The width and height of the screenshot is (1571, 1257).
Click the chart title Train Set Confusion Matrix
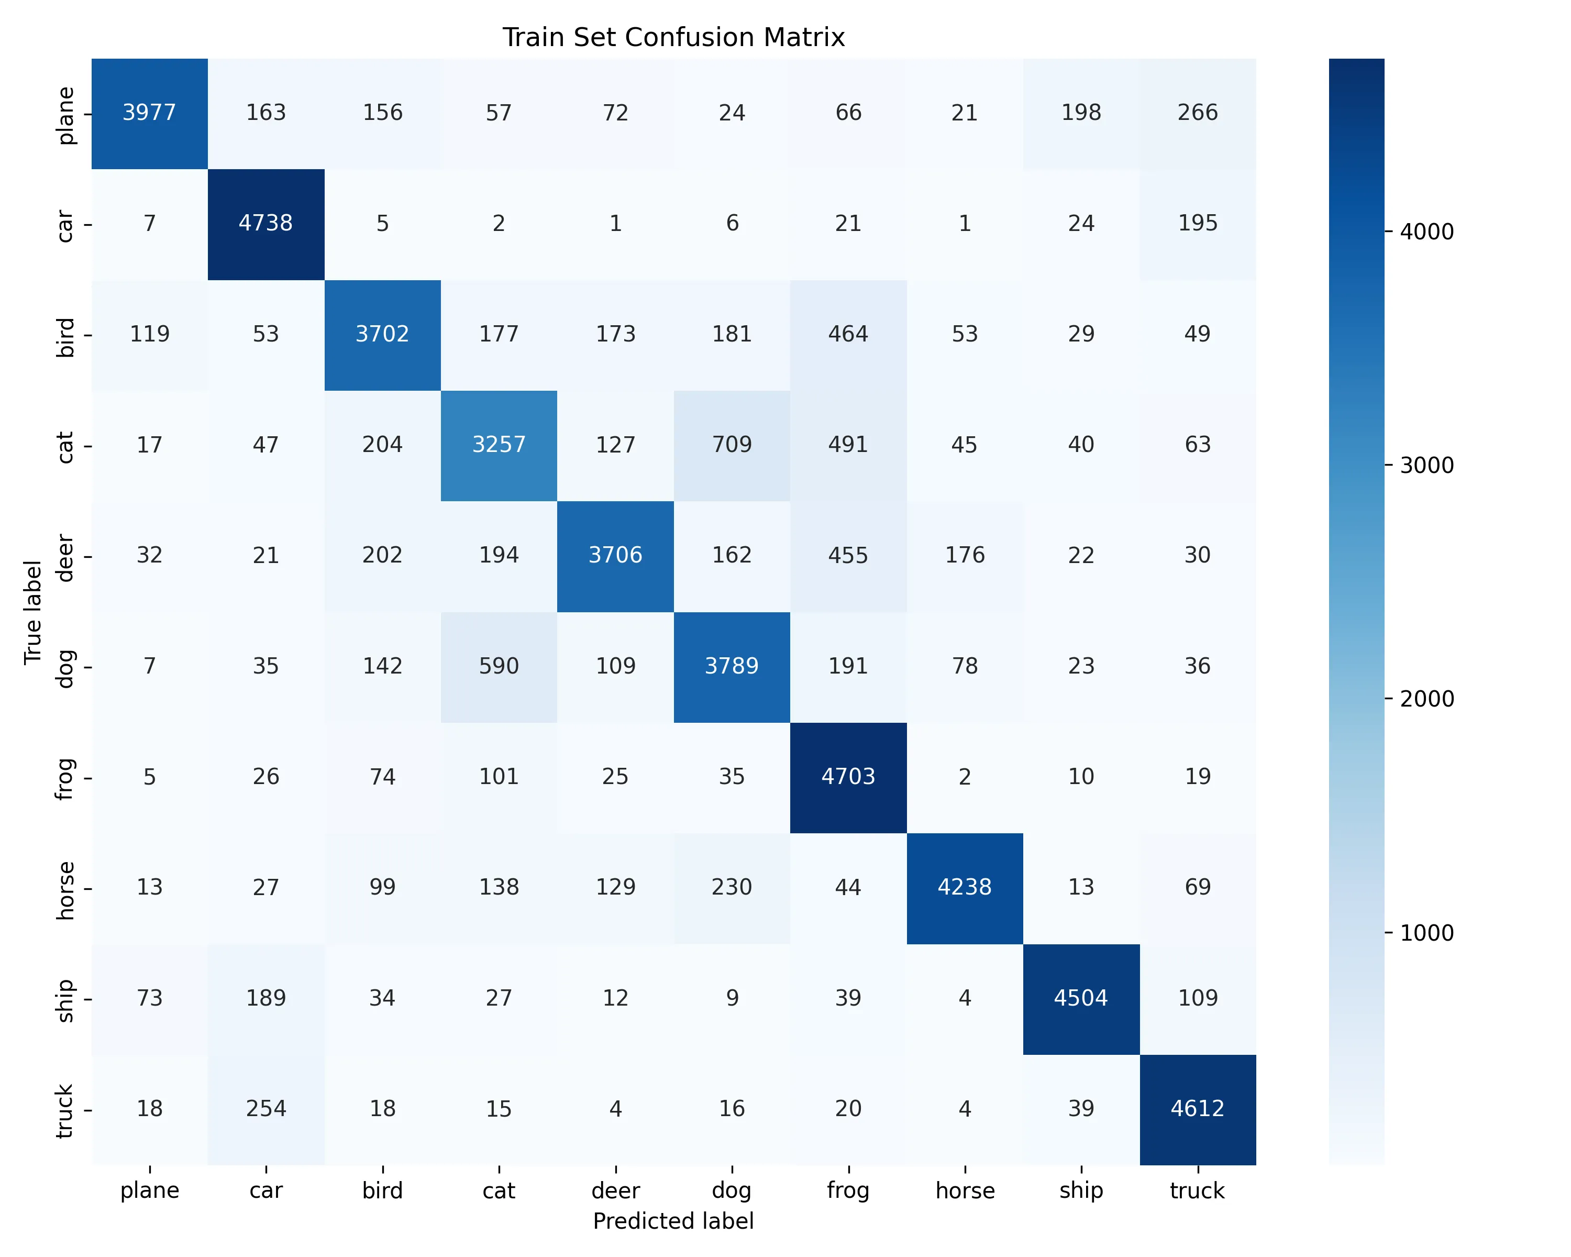673,37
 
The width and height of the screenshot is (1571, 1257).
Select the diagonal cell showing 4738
266,223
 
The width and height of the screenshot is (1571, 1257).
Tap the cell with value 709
732,445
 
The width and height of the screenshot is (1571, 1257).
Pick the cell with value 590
499,666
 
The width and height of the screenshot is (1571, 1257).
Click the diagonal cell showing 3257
499,445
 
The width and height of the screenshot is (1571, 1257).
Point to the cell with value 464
848,334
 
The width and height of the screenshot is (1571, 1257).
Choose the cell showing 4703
848,777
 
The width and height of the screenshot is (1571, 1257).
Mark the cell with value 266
1197,112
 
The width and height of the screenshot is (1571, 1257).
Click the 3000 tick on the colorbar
1426,465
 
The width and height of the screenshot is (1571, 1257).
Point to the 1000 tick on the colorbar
1426,933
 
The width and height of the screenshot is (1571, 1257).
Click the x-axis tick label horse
965,1190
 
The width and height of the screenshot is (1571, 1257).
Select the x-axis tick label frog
848,1190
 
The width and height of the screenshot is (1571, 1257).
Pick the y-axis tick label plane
65,115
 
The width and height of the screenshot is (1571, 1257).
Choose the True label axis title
32,612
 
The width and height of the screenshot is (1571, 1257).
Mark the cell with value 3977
149,112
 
